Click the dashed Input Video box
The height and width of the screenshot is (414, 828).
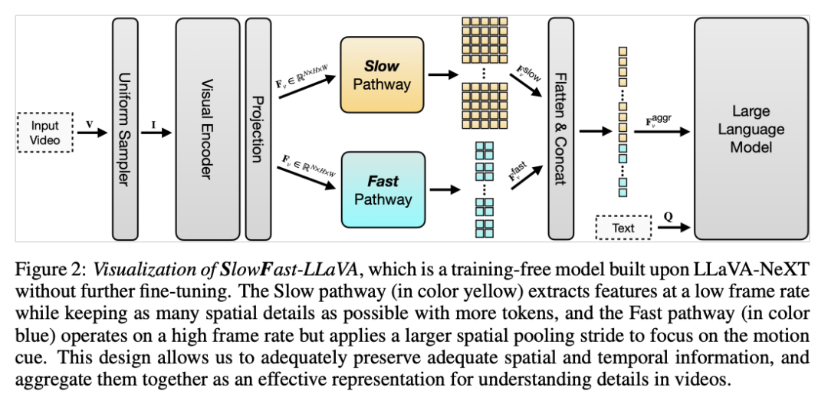pyautogui.click(x=44, y=132)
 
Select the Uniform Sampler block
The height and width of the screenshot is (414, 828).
pyautogui.click(x=125, y=129)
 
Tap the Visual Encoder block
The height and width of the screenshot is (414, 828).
pyautogui.click(x=207, y=129)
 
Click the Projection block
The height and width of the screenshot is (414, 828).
pyautogui.click(x=258, y=129)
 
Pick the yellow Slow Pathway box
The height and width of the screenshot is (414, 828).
pyautogui.click(x=382, y=74)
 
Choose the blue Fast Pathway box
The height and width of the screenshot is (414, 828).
pyautogui.click(x=383, y=190)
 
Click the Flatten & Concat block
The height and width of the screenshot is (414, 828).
pyautogui.click(x=560, y=129)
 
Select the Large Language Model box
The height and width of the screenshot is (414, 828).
pyautogui.click(x=751, y=129)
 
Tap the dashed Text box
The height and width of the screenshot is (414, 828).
pyautogui.click(x=623, y=228)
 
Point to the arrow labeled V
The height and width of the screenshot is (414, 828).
pyautogui.click(x=92, y=133)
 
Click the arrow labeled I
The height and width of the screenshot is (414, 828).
pyautogui.click(x=157, y=133)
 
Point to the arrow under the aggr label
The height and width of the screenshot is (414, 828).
pyautogui.click(x=667, y=132)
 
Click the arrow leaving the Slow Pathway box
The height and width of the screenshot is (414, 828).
pyautogui.click(x=441, y=74)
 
